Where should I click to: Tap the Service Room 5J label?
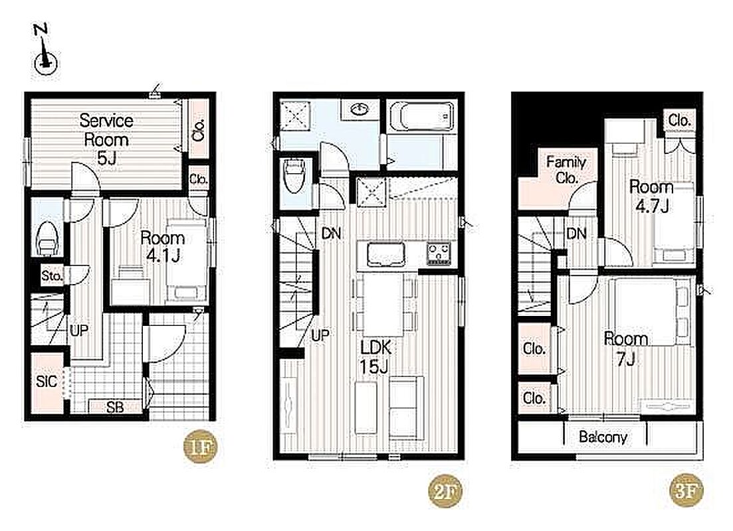click(106, 139)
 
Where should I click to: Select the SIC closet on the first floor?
click(47, 382)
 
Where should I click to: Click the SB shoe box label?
click(115, 407)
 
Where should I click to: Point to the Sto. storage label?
click(51, 275)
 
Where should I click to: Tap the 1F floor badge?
click(199, 447)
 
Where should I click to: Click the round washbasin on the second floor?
click(360, 110)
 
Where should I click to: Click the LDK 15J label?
click(375, 356)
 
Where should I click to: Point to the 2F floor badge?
click(445, 491)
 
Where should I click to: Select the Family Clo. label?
click(566, 169)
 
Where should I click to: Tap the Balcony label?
click(603, 437)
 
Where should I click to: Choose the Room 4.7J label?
click(651, 196)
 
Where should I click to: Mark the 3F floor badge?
click(686, 491)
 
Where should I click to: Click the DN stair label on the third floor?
click(576, 233)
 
